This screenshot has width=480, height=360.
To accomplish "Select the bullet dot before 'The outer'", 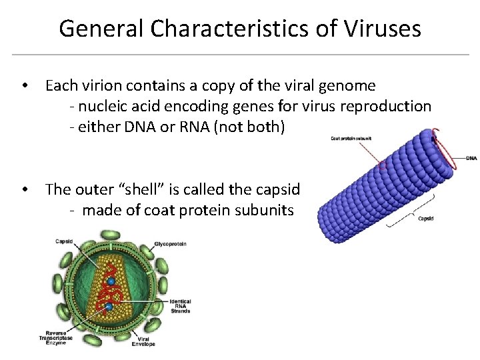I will click(x=24, y=190).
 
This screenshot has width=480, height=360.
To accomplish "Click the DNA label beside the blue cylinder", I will click(x=471, y=158).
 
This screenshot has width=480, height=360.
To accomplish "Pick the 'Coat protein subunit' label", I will click(x=351, y=139).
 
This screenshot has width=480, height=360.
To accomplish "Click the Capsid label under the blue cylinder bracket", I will click(x=425, y=218).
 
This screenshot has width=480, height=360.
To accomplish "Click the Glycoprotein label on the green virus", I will click(x=171, y=244).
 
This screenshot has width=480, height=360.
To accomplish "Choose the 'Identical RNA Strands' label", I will click(x=180, y=306).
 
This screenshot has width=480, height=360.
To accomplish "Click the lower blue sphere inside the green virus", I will click(x=108, y=306).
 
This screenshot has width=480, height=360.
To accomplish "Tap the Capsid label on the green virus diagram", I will click(x=64, y=241).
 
